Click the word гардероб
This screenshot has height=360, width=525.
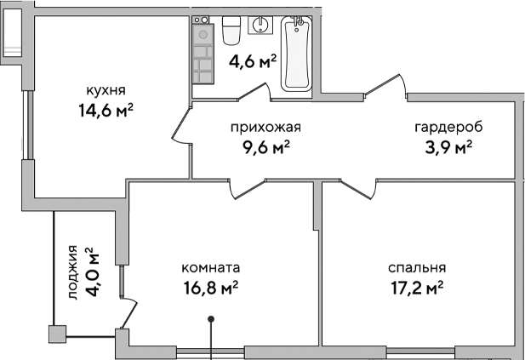pos(448,128)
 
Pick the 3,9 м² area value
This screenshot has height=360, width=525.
pos(448,147)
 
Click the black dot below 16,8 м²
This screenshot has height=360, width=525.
pos(212,321)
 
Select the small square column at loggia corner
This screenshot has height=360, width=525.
pos(57,334)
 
